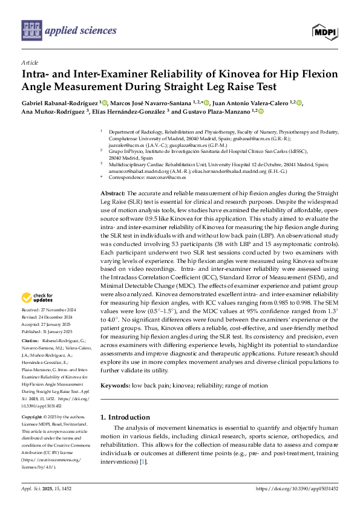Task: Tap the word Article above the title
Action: click(x=30, y=62)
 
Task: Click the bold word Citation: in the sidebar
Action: click(x=31, y=342)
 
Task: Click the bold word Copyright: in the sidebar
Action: click(x=33, y=418)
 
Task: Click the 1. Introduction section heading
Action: click(x=125, y=417)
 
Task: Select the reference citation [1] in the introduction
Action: click(x=143, y=462)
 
